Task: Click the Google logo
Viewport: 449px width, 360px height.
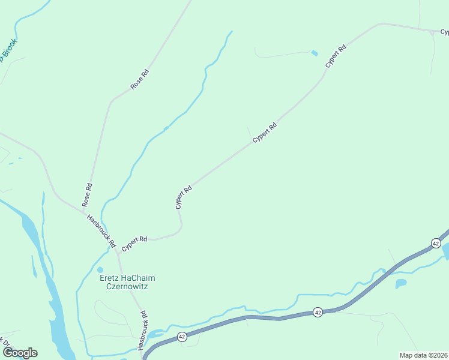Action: point(20,353)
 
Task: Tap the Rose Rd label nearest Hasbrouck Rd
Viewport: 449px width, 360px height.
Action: point(88,196)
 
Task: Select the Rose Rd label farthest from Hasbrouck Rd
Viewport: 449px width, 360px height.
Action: point(140,80)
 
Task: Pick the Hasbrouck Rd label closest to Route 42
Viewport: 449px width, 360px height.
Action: point(144,331)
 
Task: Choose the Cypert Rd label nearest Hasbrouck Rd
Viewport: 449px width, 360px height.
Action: point(134,243)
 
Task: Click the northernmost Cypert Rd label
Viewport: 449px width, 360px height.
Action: point(336,56)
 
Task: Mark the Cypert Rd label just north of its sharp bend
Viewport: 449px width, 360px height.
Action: point(184,197)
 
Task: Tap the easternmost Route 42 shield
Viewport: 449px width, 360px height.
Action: point(436,243)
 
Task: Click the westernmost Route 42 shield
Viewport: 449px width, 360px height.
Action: point(182,338)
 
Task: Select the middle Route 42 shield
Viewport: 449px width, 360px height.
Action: point(318,313)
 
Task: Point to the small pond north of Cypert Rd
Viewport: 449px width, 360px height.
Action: point(314,53)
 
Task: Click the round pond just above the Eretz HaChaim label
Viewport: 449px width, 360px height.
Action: point(100,270)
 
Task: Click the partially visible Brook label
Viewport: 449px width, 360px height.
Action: point(8,50)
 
